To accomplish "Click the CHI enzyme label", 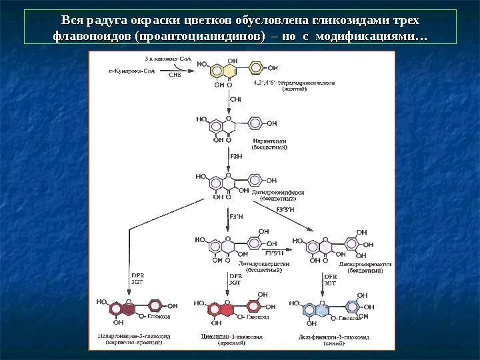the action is (235, 99).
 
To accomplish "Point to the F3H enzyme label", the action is (235, 157).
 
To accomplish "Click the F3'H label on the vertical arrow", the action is (236, 215).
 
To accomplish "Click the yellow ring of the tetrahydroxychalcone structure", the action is (219, 69).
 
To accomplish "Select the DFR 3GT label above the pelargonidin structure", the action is (136, 278).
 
